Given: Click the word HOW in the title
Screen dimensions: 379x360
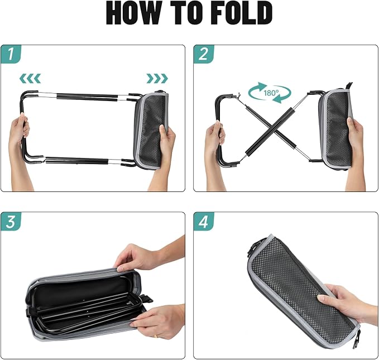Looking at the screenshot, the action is click(x=133, y=13).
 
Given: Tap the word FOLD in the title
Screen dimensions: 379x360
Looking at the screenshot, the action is click(x=242, y=13).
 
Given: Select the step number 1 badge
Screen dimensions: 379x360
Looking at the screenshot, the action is click(x=11, y=54).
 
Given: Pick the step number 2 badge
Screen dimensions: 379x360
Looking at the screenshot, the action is click(x=204, y=54).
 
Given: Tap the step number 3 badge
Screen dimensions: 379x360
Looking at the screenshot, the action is click(x=11, y=221).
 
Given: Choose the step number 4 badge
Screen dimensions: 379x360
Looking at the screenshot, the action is click(x=204, y=221).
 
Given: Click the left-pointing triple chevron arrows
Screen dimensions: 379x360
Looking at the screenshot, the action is click(x=30, y=78).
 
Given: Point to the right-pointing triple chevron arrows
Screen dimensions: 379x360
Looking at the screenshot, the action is click(x=157, y=78).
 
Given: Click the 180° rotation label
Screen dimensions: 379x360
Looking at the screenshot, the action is click(x=271, y=93).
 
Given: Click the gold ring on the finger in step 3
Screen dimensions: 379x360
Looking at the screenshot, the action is click(x=156, y=336).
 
